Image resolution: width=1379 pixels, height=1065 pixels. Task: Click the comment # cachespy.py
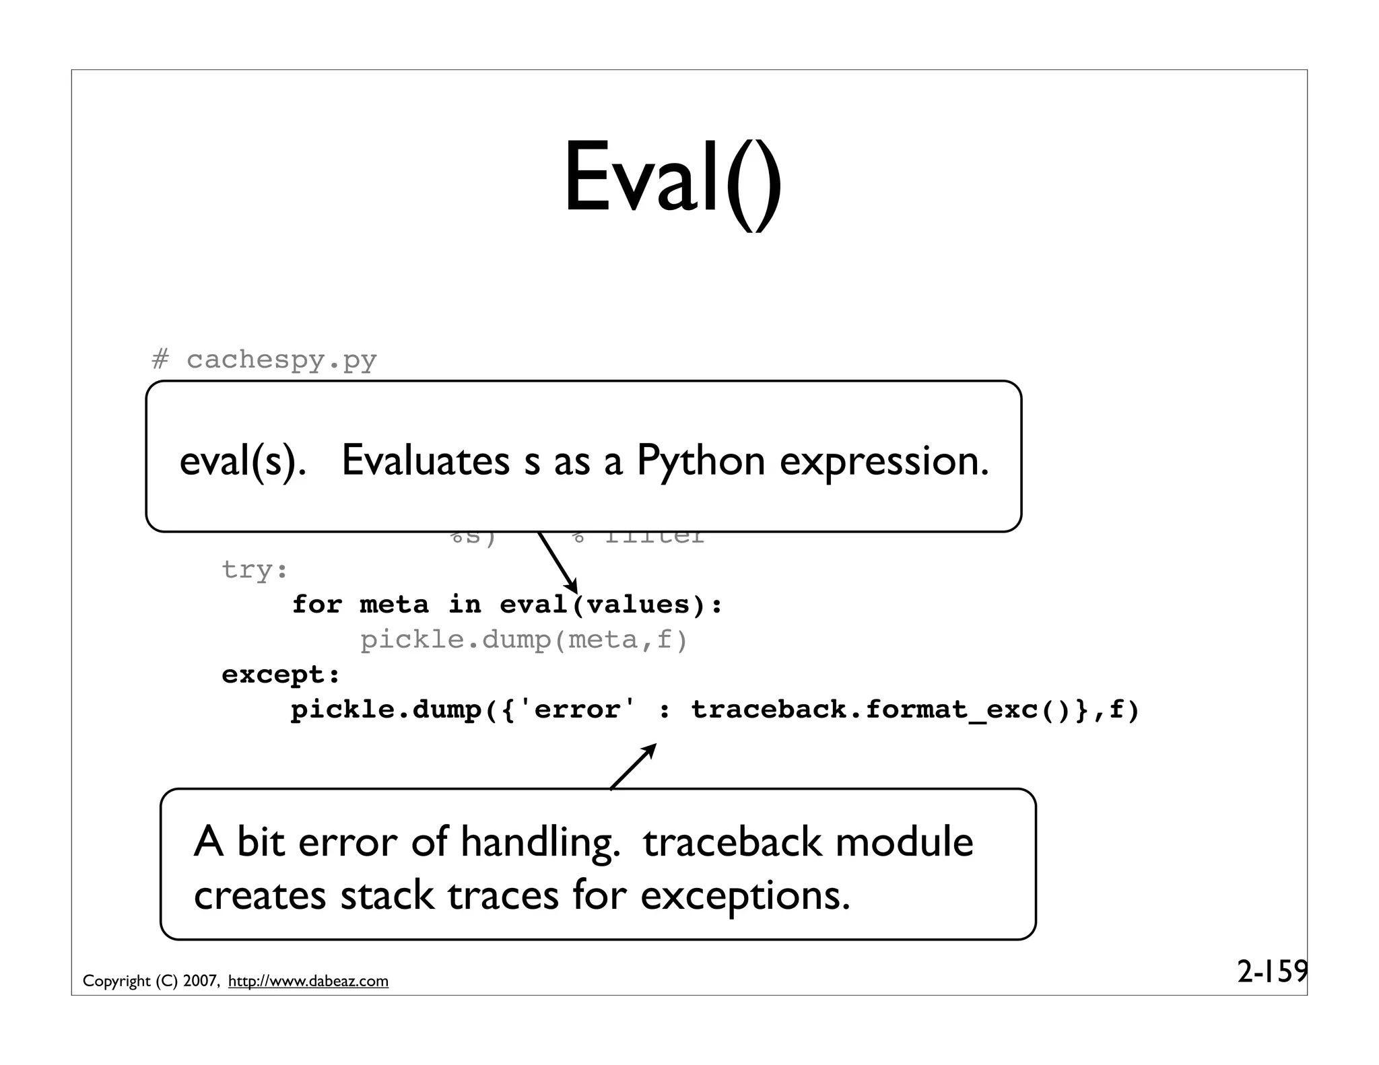click(x=264, y=359)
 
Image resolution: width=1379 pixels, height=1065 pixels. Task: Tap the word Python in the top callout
click(x=700, y=461)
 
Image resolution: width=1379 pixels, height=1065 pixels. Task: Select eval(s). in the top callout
click(x=242, y=462)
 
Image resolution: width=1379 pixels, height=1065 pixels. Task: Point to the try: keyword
click(x=255, y=570)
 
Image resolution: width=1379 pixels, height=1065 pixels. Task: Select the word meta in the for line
click(x=393, y=605)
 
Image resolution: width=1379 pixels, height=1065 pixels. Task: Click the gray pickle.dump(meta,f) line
click(x=524, y=640)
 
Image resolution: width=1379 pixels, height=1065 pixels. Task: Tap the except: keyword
click(x=281, y=675)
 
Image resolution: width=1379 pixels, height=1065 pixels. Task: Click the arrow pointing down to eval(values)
click(x=558, y=564)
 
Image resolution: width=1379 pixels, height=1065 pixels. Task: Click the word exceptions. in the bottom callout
click(x=745, y=896)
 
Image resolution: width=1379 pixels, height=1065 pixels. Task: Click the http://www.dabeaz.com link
click(x=308, y=982)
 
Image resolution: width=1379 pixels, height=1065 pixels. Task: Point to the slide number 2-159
click(x=1271, y=971)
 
